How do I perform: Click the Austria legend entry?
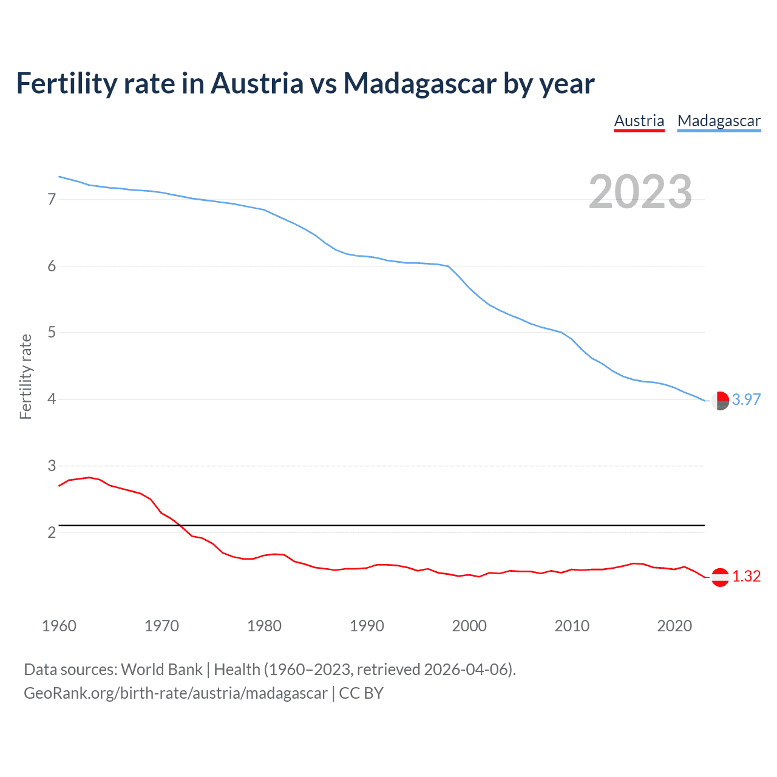(x=639, y=121)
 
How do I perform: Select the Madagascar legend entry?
(x=719, y=121)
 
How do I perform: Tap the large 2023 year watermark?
(x=640, y=192)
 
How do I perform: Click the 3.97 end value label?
(x=746, y=399)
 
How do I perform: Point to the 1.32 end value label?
(x=746, y=576)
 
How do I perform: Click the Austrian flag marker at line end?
(x=720, y=577)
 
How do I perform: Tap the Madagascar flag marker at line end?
(x=720, y=401)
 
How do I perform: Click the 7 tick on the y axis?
(x=52, y=199)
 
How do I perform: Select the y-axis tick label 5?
(x=52, y=333)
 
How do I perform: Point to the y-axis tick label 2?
(x=52, y=532)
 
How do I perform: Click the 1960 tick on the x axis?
(x=59, y=626)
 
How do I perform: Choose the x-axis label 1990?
(x=367, y=626)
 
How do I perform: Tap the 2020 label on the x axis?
(x=674, y=626)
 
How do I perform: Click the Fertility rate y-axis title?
(x=25, y=376)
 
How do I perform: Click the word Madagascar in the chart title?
(x=419, y=83)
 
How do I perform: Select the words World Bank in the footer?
(x=161, y=670)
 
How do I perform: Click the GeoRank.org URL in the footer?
(x=175, y=693)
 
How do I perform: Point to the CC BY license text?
(x=361, y=693)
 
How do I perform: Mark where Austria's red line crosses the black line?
(x=181, y=525)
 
